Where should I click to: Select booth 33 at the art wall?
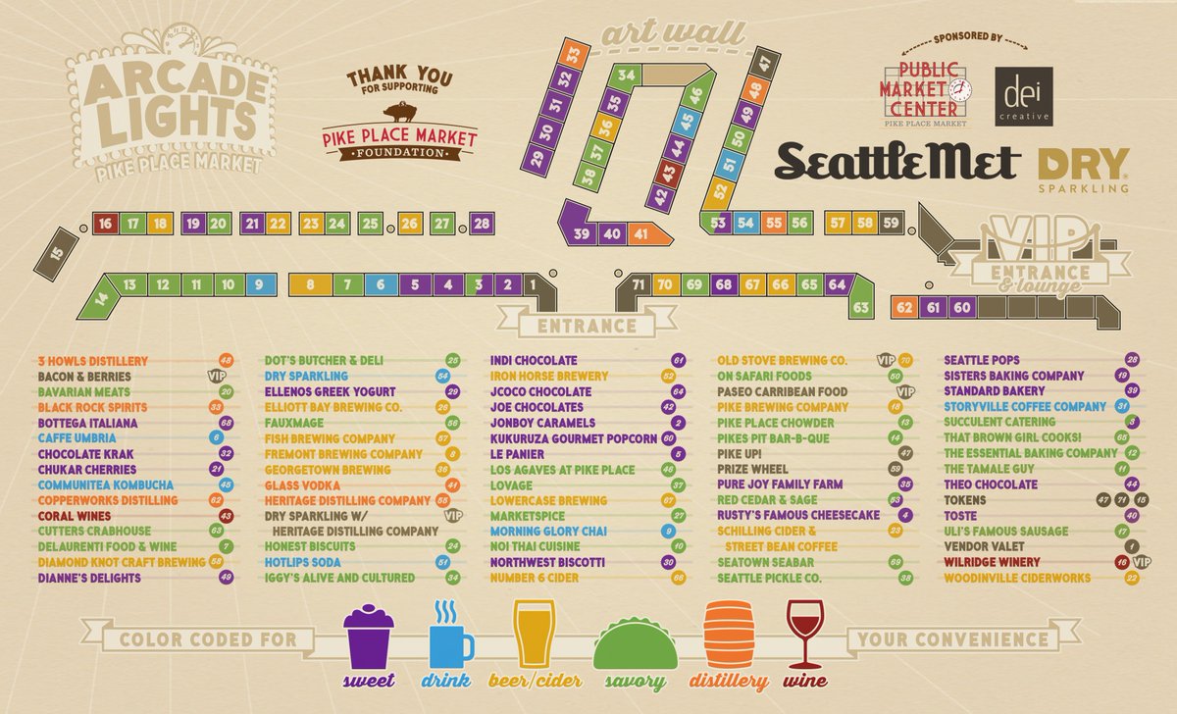click(x=574, y=53)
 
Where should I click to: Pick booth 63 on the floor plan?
click(x=861, y=307)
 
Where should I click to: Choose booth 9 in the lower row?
click(x=259, y=284)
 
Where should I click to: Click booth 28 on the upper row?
click(x=482, y=224)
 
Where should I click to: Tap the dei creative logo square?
click(x=1023, y=96)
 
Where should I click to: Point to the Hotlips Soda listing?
click(x=303, y=562)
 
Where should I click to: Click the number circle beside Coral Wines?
click(x=227, y=515)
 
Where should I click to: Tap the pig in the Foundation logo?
click(x=399, y=111)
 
